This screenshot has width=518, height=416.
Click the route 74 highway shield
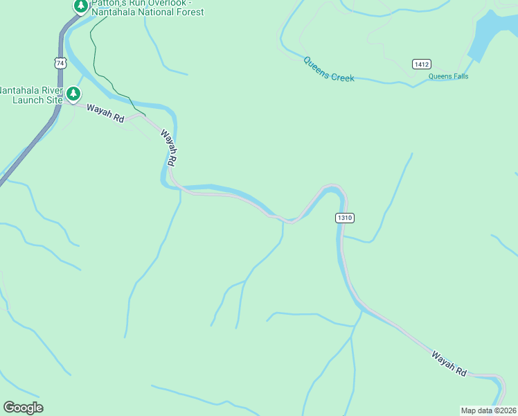[60, 62]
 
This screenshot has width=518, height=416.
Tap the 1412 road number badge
[421, 64]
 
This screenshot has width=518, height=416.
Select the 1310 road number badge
[345, 218]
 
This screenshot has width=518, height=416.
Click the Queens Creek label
[328, 69]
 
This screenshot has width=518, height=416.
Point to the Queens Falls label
[448, 76]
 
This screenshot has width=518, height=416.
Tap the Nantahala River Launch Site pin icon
[73, 94]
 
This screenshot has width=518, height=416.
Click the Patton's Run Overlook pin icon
[81, 6]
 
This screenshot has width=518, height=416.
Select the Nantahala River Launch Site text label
[30, 95]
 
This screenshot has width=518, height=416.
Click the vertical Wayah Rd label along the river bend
[169, 147]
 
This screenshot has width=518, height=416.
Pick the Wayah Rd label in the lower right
[449, 363]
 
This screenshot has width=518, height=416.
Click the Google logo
[23, 408]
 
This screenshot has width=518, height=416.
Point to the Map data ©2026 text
[488, 410]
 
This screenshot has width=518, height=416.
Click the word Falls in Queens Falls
[458, 76]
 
